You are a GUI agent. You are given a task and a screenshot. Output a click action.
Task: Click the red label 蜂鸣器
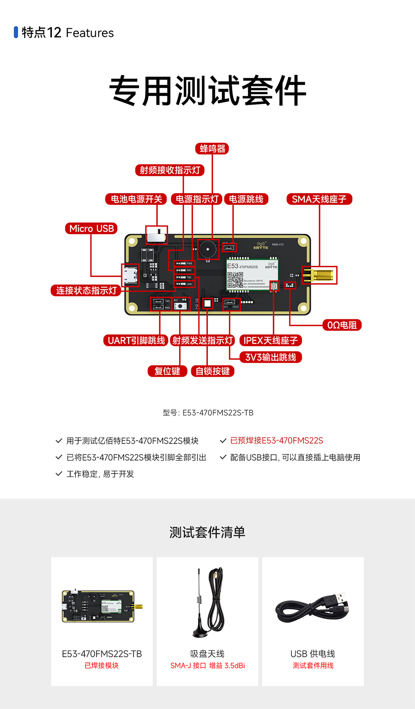point(212,149)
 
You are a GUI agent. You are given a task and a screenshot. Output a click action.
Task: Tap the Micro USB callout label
point(91,228)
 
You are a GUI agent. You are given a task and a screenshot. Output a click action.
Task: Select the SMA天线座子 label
point(319,199)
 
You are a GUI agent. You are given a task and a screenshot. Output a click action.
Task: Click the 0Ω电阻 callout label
point(342,325)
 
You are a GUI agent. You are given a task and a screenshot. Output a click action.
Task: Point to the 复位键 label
point(167,371)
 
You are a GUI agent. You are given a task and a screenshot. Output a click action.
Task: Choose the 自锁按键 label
point(212,371)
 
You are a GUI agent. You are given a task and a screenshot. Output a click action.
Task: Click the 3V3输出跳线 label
point(271,357)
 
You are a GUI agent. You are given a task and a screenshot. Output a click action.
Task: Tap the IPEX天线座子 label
point(271,341)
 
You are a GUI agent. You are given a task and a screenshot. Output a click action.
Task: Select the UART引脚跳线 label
point(136,341)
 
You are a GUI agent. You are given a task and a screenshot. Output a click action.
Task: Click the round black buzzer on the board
point(208,249)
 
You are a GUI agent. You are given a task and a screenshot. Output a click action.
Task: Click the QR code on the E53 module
point(235,280)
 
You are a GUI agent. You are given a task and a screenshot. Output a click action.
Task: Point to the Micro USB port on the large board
point(130,275)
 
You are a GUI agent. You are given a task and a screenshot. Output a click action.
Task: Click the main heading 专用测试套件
point(207,91)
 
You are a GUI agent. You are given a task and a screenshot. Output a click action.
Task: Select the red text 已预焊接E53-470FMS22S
point(276,441)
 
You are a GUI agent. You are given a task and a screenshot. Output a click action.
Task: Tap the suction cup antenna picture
point(209,602)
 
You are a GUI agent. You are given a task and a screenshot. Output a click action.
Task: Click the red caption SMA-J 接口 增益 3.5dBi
point(207,665)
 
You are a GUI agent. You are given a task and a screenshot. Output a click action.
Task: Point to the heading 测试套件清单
point(207,532)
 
